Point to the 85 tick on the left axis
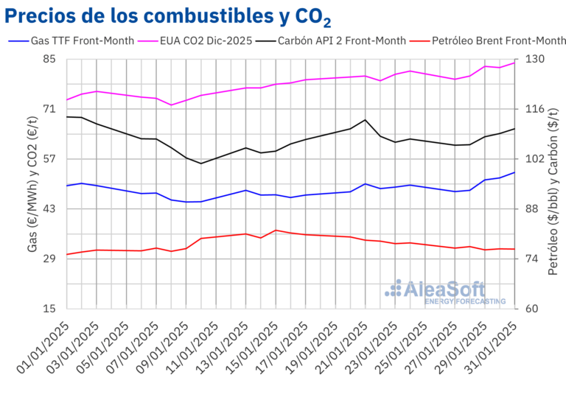[x=49, y=59]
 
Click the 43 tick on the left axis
[x=49, y=209]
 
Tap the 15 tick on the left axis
[x=49, y=309]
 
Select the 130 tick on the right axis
[x=534, y=59]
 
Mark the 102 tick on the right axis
[x=534, y=159]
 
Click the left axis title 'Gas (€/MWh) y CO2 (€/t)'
[x=33, y=184]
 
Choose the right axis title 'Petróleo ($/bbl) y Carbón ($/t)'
[x=553, y=184]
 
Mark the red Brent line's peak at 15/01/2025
[x=276, y=230]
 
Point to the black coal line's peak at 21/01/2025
[x=366, y=119]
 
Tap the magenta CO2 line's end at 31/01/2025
[x=515, y=62]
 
